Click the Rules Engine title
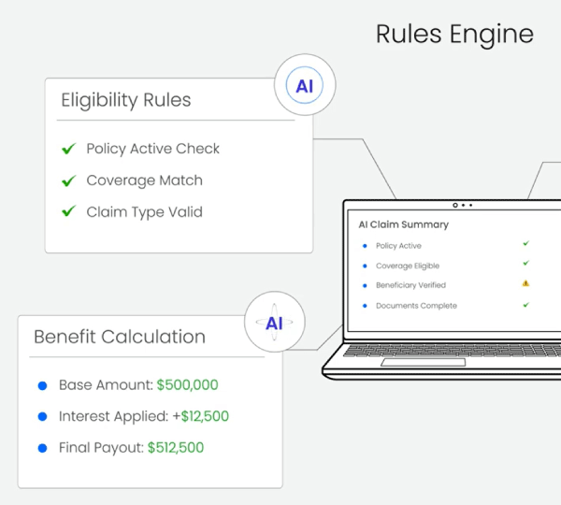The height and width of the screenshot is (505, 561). coord(454,35)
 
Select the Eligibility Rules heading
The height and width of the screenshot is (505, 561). coord(125,100)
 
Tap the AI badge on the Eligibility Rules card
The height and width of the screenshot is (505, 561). coord(305,87)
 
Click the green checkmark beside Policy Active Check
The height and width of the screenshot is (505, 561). coord(68,149)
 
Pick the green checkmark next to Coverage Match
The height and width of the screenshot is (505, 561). coord(68,180)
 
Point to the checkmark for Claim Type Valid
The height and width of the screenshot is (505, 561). coord(68,212)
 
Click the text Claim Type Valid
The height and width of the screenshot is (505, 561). coord(144,212)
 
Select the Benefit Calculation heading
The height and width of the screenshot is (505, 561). coord(120,337)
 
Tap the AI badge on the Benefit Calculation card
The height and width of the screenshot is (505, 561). coord(274,324)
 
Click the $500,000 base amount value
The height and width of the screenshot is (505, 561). coord(187,385)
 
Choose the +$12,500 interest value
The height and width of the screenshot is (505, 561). coord(205,417)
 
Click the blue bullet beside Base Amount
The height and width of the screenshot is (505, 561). coord(42,385)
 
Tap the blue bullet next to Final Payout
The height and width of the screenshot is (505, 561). coord(42,449)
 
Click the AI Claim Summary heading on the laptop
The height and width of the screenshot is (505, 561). coord(404,224)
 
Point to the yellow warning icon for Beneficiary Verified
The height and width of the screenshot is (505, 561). coord(525,283)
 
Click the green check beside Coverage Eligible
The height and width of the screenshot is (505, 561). coord(525,265)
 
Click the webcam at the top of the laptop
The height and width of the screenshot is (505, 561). coord(455,205)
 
